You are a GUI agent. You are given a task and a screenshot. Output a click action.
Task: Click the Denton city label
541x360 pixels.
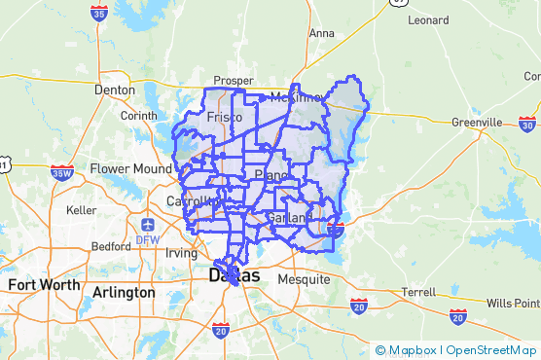tap(114, 90)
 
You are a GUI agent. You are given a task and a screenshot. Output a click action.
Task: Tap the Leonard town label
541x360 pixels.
tap(428, 19)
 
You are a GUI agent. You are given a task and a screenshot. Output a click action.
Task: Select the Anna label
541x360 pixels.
tap(321, 32)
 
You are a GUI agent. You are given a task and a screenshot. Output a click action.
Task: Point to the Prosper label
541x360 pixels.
tap(234, 81)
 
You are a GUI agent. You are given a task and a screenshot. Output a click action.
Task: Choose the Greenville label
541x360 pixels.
tap(477, 123)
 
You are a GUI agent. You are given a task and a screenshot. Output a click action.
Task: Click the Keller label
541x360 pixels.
tap(81, 209)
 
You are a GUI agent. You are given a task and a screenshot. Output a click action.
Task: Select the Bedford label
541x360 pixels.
tap(110, 246)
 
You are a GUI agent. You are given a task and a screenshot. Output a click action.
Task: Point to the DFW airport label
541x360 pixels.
tap(148, 238)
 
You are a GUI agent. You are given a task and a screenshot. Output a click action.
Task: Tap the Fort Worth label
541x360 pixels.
tap(44, 285)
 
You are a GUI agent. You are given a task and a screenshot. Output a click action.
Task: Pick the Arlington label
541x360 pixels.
tap(124, 292)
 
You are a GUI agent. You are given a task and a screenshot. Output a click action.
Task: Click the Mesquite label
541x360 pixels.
tap(305, 279)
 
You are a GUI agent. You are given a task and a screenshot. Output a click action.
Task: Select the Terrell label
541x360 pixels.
tap(418, 291)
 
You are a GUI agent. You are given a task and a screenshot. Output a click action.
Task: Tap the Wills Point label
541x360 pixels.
tap(513, 302)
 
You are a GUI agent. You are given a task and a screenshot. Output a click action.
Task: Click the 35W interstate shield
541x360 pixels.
tap(62, 173)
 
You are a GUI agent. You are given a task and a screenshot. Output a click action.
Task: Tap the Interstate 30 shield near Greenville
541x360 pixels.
tap(526, 124)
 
